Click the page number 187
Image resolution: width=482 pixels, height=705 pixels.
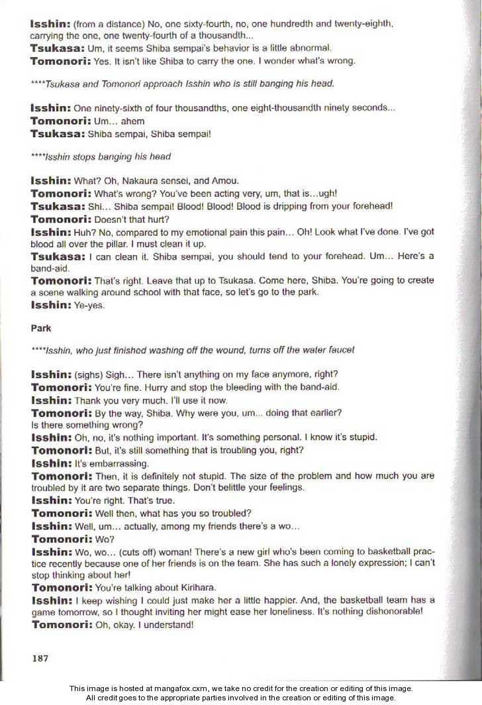coord(40,658)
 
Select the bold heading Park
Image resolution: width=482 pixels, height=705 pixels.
coord(40,328)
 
